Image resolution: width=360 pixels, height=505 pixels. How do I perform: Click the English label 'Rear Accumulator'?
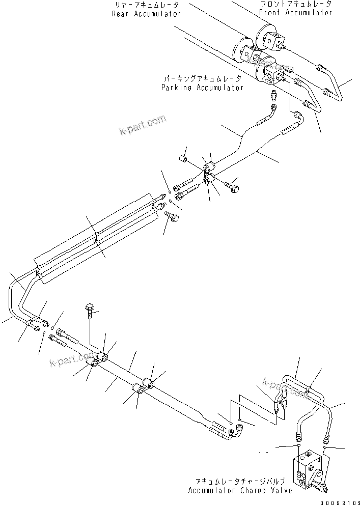pos(146,14)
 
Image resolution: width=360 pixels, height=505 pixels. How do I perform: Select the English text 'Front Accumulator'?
pos(295,12)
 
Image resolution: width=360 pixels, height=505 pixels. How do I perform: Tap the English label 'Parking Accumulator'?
pos(202,88)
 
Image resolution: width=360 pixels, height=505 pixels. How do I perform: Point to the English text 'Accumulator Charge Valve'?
pos(240,491)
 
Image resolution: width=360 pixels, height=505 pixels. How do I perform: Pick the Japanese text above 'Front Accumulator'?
pos(295,4)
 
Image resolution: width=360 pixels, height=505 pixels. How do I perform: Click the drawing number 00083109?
pos(340,501)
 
